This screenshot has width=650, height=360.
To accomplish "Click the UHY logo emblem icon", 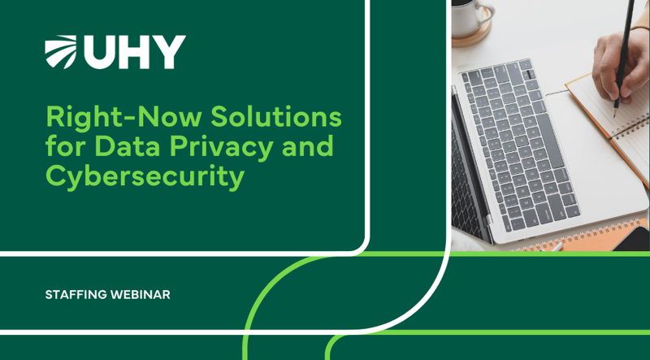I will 61,52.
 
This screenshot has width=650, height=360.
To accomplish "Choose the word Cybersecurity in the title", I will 145,176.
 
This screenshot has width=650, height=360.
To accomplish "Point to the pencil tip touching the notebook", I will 616,105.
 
